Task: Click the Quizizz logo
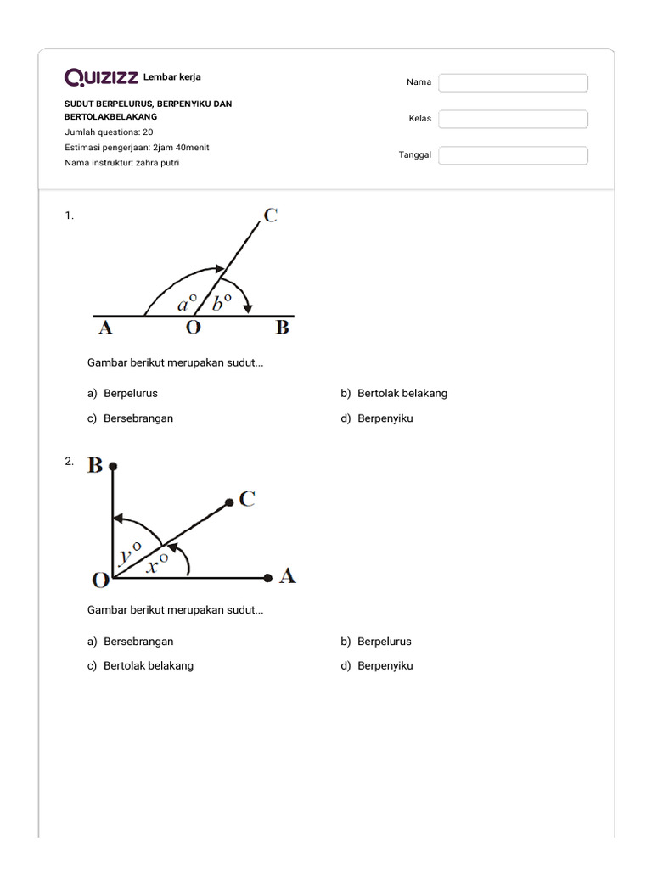(x=102, y=78)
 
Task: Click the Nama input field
(x=513, y=82)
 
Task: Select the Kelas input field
(x=513, y=119)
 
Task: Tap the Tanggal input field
(x=513, y=155)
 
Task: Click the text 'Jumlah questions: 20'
(x=109, y=132)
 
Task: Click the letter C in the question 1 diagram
(x=271, y=216)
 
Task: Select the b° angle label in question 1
(x=222, y=301)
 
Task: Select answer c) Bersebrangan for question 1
(x=138, y=418)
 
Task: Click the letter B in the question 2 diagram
(x=95, y=465)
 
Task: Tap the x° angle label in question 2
(x=156, y=563)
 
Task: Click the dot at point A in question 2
(x=268, y=578)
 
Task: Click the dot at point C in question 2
(x=229, y=503)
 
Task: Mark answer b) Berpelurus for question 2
(x=384, y=642)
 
